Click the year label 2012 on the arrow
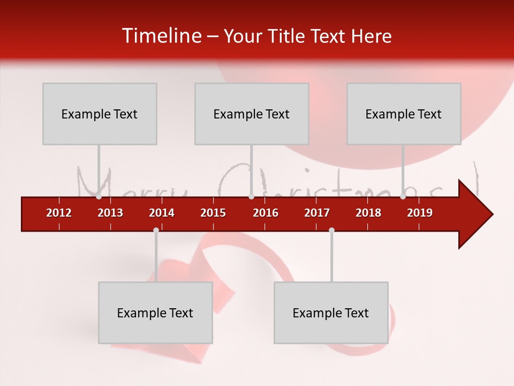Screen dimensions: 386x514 pos(59,213)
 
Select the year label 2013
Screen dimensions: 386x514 pos(110,213)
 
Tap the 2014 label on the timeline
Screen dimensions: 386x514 pos(162,213)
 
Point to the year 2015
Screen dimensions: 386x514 pos(213,213)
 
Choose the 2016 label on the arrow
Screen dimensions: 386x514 pos(266,213)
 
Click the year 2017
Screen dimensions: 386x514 pos(317,213)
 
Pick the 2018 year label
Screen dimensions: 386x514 pos(368,213)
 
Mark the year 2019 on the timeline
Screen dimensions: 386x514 pos(420,213)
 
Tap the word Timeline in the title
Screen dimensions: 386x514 pos(160,36)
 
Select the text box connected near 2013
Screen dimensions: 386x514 pos(100,114)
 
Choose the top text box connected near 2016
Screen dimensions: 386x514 pos(252,114)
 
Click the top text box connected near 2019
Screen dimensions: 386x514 pos(404,114)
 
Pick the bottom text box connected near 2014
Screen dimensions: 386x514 pos(155,313)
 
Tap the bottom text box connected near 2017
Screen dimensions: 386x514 pos(331,313)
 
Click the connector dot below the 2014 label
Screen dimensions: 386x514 pos(156,230)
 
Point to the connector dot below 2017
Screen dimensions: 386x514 pos(331,230)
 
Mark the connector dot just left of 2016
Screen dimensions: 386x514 pos(251,197)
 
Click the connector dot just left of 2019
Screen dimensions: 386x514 pos(403,197)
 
